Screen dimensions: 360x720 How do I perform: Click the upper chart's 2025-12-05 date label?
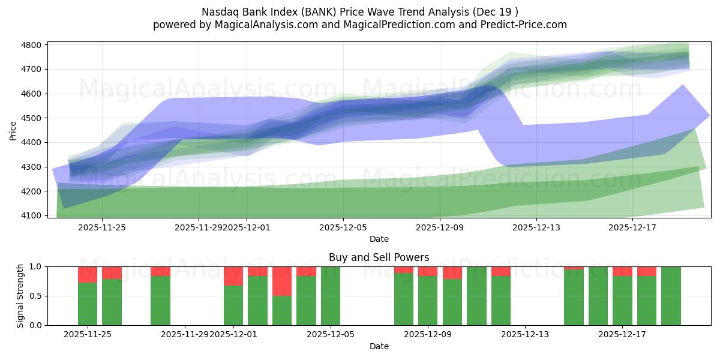point(343,227)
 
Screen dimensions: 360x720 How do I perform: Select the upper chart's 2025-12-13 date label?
point(536,227)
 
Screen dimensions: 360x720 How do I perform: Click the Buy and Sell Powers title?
point(379,257)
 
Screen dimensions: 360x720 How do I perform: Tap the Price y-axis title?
point(13,130)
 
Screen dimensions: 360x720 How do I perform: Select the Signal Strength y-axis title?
point(20,296)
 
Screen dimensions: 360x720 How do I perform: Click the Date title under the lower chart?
point(379,346)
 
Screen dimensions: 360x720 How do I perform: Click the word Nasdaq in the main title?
point(219,11)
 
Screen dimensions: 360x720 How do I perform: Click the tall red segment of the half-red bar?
point(282,281)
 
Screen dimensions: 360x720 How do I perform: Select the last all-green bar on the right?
point(671,296)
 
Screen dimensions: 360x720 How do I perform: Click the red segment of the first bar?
point(88,274)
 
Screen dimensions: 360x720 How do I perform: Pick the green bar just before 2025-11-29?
point(160,300)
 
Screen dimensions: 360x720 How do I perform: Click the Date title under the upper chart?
point(379,239)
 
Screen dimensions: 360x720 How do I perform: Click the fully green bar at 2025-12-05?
point(331,296)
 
